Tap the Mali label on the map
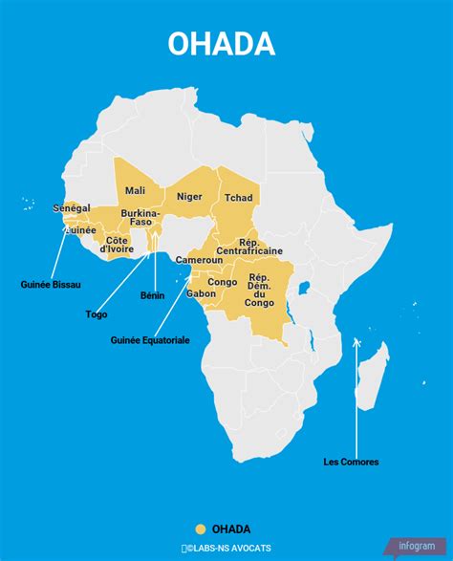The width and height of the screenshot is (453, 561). [x=135, y=190]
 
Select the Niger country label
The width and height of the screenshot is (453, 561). [x=190, y=196]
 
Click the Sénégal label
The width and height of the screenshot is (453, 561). [x=71, y=207]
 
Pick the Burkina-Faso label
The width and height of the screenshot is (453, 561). [x=140, y=217]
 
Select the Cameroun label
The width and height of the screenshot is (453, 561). [x=199, y=260]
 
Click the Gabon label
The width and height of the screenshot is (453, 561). [x=201, y=293]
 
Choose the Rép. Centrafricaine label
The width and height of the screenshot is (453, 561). [x=262, y=248]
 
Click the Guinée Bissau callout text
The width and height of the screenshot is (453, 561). [x=51, y=285]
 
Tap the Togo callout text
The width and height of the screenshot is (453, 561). [x=96, y=313]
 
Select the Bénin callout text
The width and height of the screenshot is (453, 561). [x=153, y=295]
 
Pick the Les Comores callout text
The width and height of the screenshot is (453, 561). [x=351, y=462]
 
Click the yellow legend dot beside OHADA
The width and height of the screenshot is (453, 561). [x=200, y=529]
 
